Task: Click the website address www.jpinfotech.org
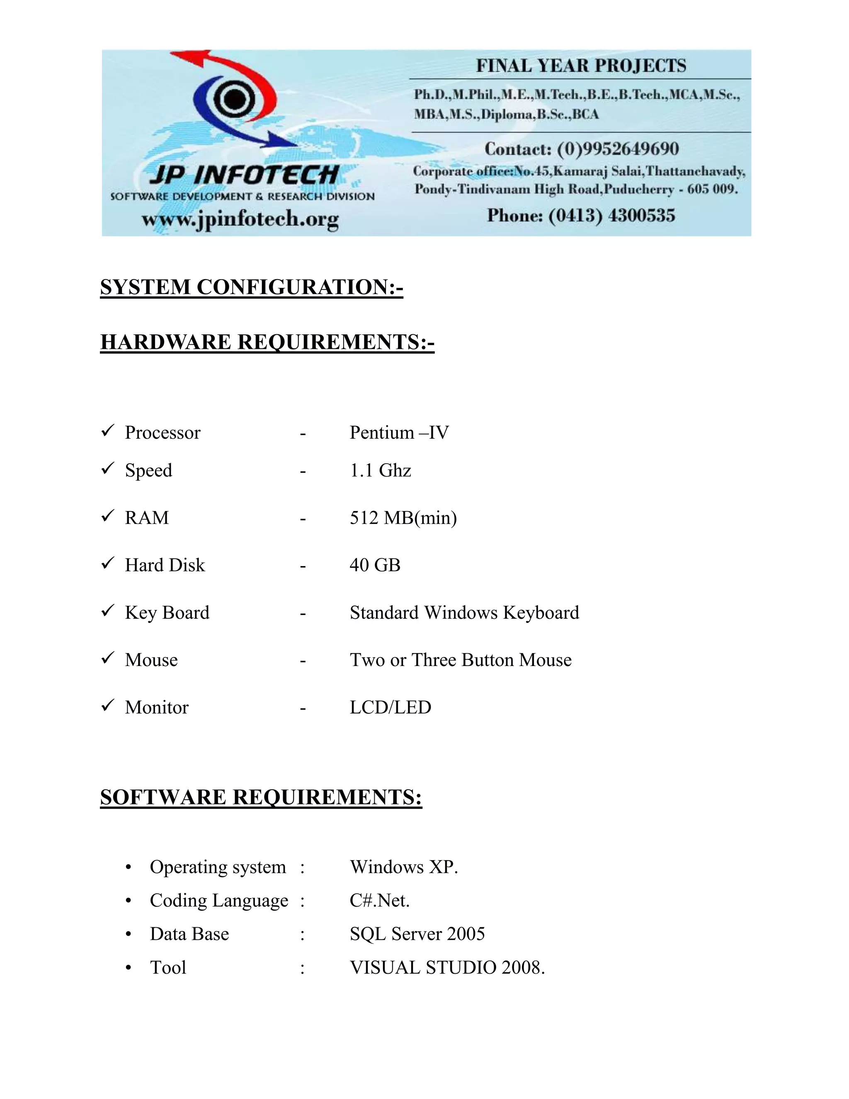click(240, 219)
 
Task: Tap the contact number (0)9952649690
click(618, 149)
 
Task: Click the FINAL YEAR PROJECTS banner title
click(581, 66)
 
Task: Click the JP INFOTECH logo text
click(244, 175)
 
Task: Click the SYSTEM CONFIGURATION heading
click(252, 287)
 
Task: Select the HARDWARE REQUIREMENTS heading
click(267, 342)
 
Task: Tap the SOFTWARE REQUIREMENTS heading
click(261, 798)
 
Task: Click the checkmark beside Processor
click(108, 431)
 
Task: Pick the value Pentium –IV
click(399, 433)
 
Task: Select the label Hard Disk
click(165, 565)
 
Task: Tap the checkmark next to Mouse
click(108, 658)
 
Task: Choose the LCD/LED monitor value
click(390, 708)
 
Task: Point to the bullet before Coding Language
click(129, 901)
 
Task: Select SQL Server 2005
click(417, 934)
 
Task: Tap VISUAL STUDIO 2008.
click(447, 968)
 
